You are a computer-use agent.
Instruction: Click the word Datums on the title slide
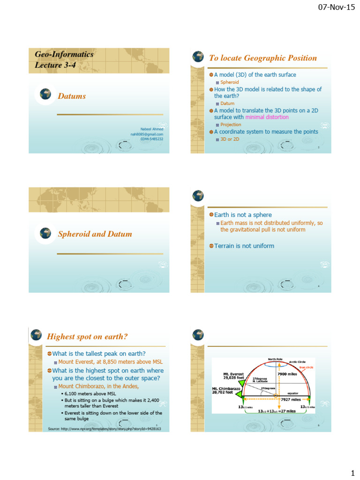tap(72, 96)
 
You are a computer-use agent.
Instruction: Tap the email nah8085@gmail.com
tap(147, 134)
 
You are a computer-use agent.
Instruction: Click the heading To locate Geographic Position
tap(262, 58)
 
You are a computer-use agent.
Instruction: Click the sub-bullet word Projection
tap(231, 125)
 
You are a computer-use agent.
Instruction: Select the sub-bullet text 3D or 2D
tap(230, 139)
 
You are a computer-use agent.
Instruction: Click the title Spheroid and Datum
tap(95, 234)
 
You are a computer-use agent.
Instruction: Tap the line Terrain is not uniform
tap(244, 246)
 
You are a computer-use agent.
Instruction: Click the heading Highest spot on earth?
tap(87, 337)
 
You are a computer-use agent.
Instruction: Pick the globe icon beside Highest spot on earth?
tap(36, 335)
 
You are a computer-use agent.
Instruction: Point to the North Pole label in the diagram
tap(275, 360)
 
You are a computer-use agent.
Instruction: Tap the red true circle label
tap(306, 367)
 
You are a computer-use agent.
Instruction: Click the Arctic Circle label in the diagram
tap(297, 362)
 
